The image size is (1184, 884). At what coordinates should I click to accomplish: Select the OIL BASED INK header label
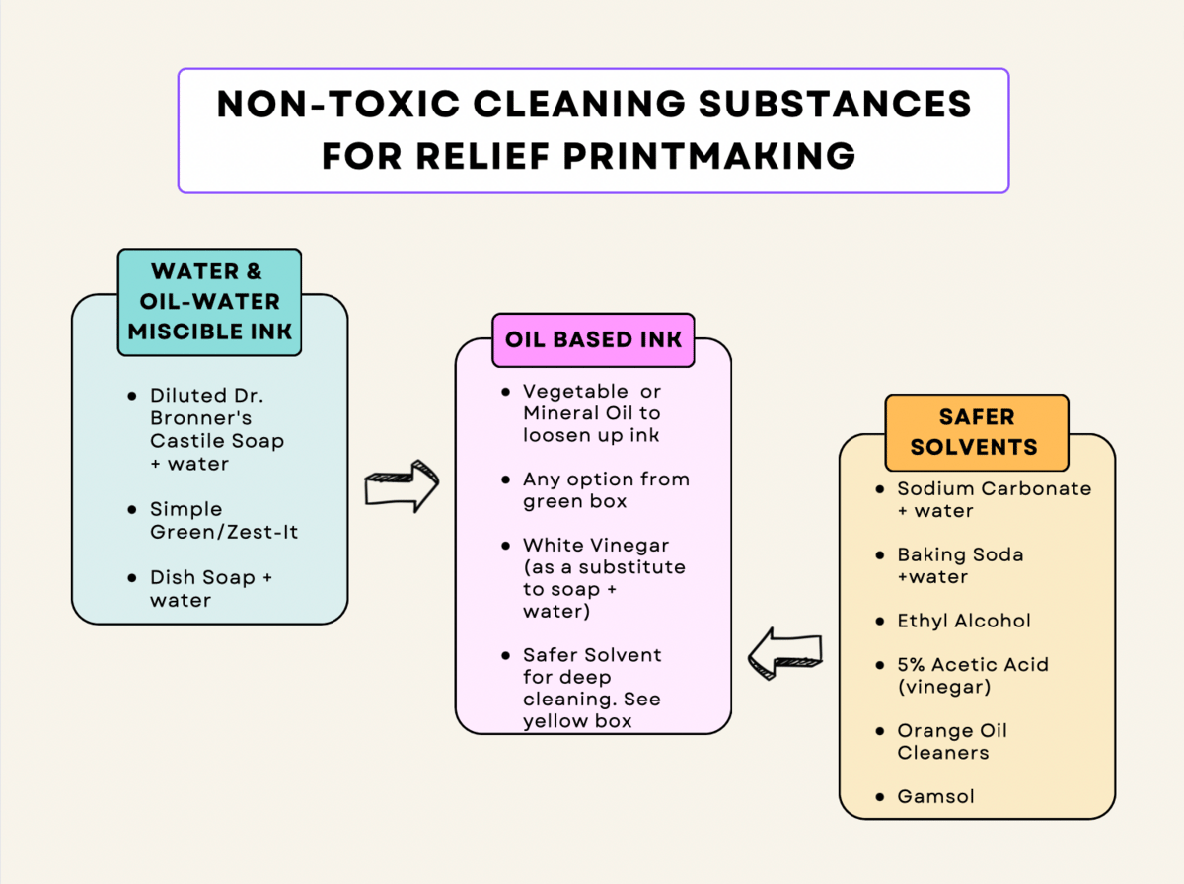593,339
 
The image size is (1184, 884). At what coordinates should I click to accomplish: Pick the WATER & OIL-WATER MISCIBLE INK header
210,301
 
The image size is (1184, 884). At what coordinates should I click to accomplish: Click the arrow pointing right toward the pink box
402,485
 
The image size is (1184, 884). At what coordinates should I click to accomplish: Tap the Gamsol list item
935,796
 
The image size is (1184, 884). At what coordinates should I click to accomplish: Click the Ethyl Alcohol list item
964,621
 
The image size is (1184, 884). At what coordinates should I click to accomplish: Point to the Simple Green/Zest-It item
224,520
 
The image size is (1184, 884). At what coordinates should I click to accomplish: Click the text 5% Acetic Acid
972,665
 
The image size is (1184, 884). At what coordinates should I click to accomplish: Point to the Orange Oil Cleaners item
951,741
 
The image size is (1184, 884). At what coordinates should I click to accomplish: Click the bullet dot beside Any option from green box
505,480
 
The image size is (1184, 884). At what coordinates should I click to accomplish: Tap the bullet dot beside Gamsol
879,796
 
